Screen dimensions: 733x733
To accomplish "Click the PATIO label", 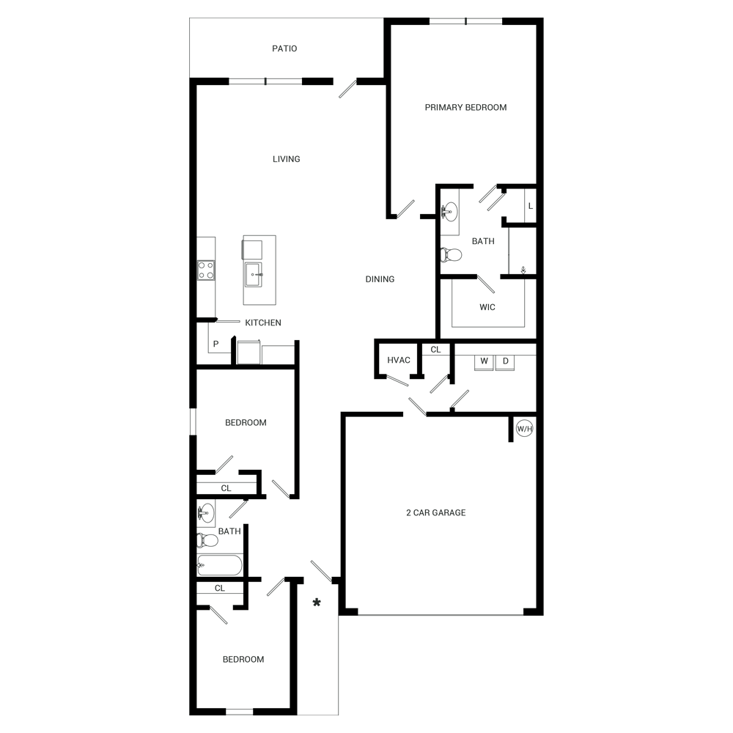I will (284, 49).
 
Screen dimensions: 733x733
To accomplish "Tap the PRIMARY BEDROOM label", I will (465, 108).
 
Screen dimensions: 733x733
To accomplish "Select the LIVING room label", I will (286, 159).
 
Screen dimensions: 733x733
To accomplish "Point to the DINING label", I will (380, 279).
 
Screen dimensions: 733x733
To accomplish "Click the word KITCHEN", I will (263, 323).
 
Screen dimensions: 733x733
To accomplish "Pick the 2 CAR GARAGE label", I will (435, 513).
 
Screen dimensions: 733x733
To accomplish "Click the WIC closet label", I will (487, 307).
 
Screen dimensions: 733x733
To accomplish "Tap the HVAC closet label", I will (399, 361).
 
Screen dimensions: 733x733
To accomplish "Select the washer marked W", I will (483, 361).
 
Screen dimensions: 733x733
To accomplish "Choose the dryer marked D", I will (505, 361).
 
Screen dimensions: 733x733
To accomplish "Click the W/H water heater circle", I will (524, 430).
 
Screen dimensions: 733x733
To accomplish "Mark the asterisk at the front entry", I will (317, 603).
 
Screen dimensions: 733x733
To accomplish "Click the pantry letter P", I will (216, 344).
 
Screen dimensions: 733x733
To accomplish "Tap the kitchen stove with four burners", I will (206, 270).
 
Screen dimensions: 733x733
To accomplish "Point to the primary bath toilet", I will (452, 255).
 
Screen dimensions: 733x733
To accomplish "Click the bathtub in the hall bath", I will (219, 565).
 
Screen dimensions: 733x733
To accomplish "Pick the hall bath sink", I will (207, 512).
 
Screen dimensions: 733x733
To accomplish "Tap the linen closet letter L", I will (530, 207).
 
